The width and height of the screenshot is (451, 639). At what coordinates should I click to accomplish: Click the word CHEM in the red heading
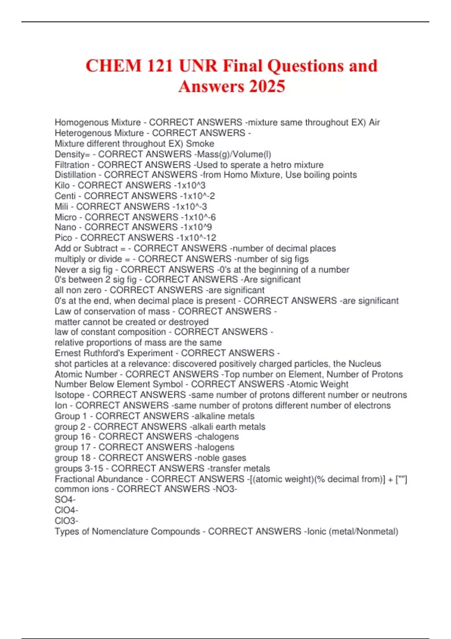point(113,66)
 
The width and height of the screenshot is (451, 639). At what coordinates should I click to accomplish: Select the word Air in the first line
point(374,123)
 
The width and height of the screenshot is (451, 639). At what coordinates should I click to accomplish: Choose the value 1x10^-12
point(197,238)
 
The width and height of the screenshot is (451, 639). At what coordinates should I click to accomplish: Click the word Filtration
point(72,165)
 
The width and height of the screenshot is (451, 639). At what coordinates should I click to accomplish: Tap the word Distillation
point(75,175)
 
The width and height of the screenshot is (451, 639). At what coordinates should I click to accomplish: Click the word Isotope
point(70,395)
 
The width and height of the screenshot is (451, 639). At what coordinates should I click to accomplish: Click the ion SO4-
point(65,500)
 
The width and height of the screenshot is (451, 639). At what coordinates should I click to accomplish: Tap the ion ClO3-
point(66,521)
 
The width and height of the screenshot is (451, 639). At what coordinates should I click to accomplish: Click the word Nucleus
point(365,364)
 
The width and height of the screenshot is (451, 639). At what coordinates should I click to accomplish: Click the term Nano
point(65,227)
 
